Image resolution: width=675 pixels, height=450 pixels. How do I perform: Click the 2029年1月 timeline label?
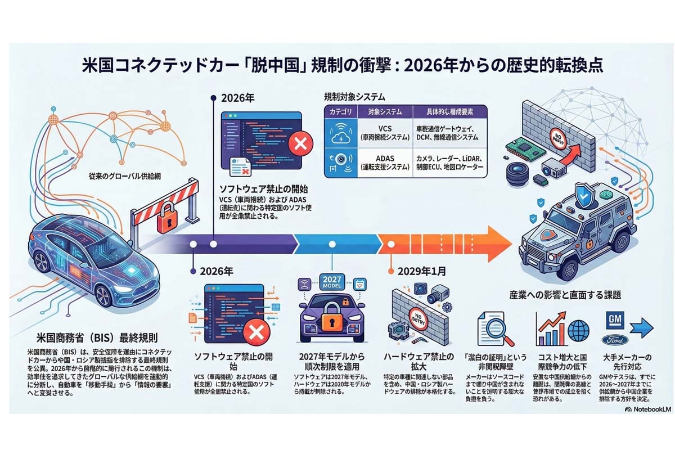(422, 271)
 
